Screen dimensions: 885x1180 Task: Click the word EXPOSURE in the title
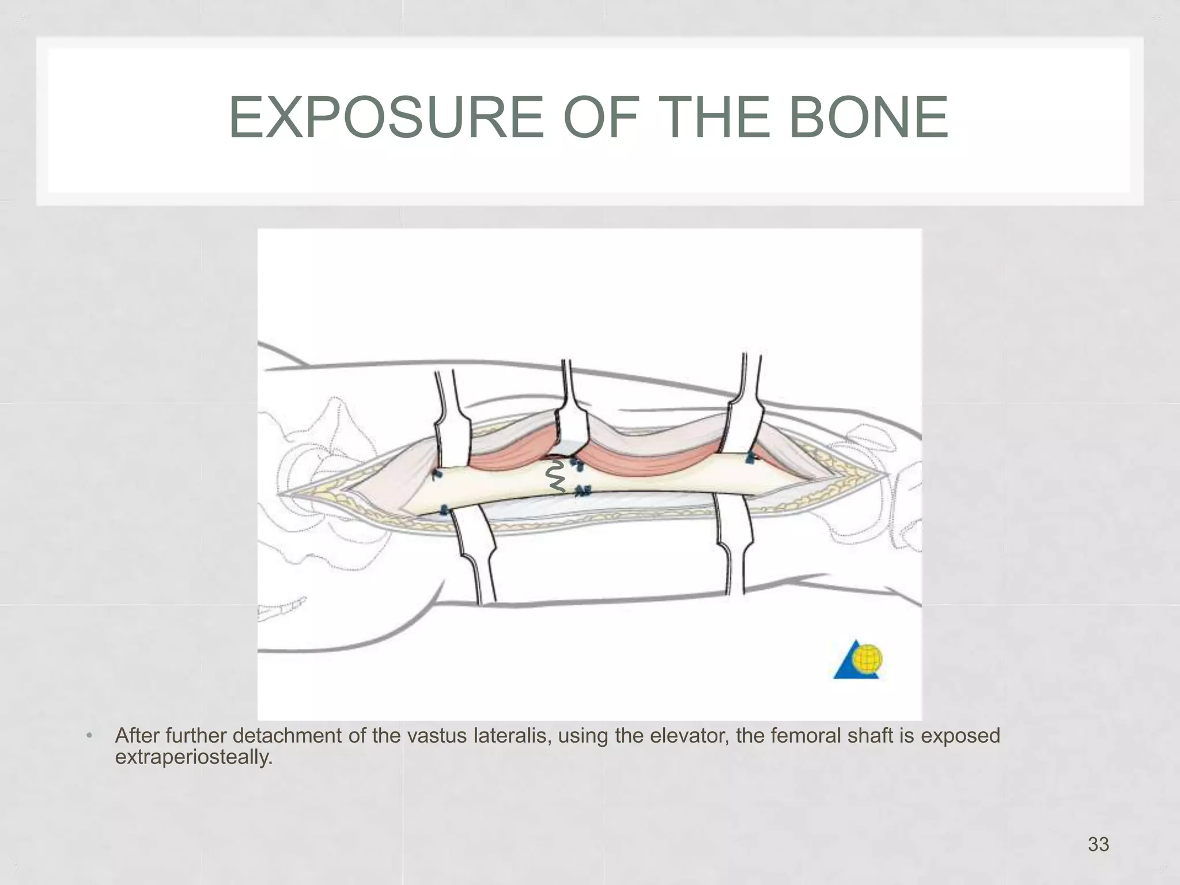tap(385, 118)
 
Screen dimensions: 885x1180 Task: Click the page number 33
tap(1098, 844)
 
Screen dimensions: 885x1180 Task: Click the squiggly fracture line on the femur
tap(556, 477)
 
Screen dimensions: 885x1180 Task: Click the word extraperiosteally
tap(193, 757)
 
